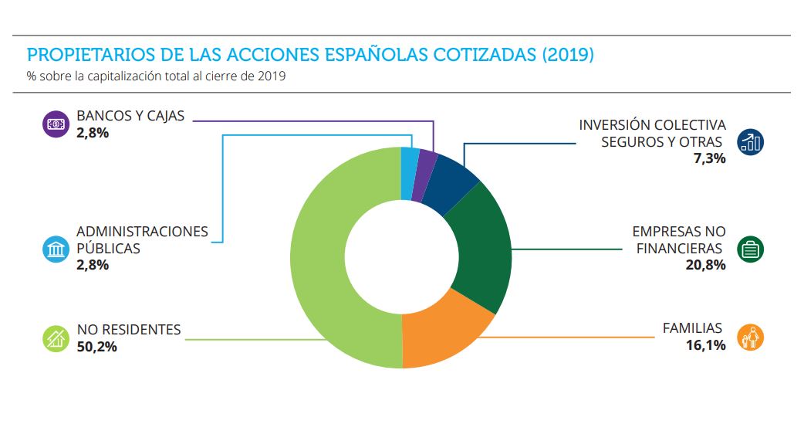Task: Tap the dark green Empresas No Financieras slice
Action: tap(482, 247)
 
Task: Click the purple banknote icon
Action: tap(55, 124)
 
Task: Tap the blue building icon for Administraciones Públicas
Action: tap(55, 249)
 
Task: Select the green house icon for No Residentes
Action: tap(55, 338)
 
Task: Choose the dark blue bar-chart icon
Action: tap(750, 141)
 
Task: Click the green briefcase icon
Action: tap(750, 249)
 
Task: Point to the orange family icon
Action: tap(750, 338)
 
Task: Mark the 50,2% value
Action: tap(96, 347)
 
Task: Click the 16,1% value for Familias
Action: tap(705, 345)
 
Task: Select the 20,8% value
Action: tap(705, 265)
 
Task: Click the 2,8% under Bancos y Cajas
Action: tap(93, 133)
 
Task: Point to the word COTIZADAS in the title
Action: tap(485, 55)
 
